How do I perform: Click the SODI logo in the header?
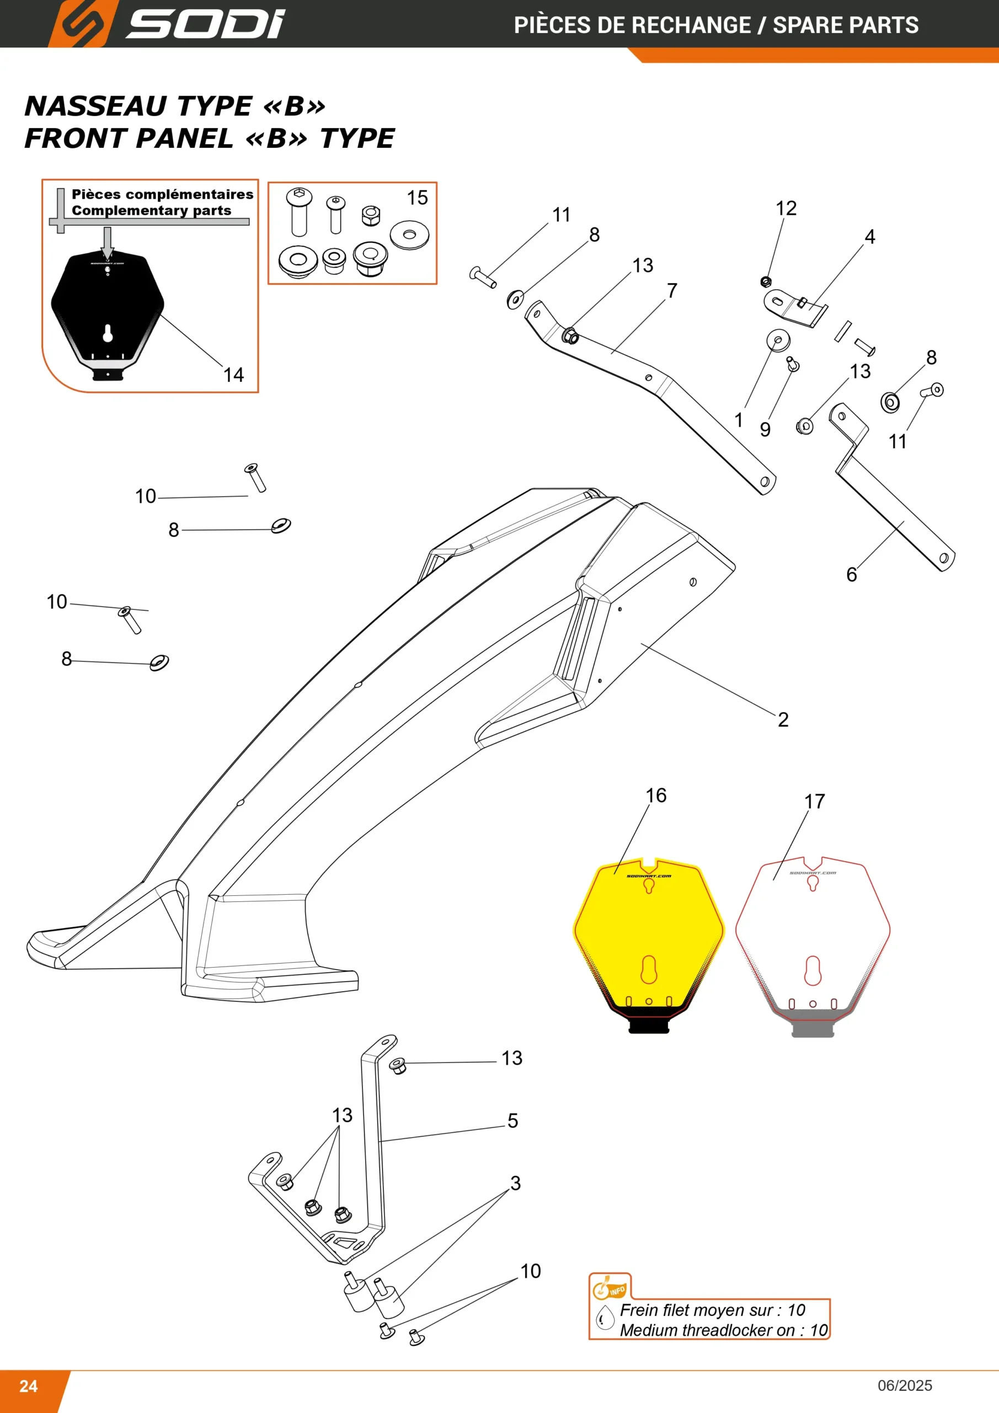(x=166, y=23)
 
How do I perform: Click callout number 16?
(x=656, y=795)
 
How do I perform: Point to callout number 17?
(x=814, y=801)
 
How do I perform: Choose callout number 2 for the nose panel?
(x=783, y=719)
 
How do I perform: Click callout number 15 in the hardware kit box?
(x=417, y=198)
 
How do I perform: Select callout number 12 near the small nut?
(x=786, y=208)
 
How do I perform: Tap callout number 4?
(x=870, y=236)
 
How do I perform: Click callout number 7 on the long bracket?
(x=672, y=290)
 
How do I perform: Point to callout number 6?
(x=851, y=574)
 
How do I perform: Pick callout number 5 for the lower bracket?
(x=512, y=1120)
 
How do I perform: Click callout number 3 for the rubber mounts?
(x=515, y=1182)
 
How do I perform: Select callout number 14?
(x=233, y=375)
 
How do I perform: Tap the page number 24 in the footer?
(x=28, y=1386)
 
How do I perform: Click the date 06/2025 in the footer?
(x=905, y=1385)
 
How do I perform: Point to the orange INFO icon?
(x=609, y=1286)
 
